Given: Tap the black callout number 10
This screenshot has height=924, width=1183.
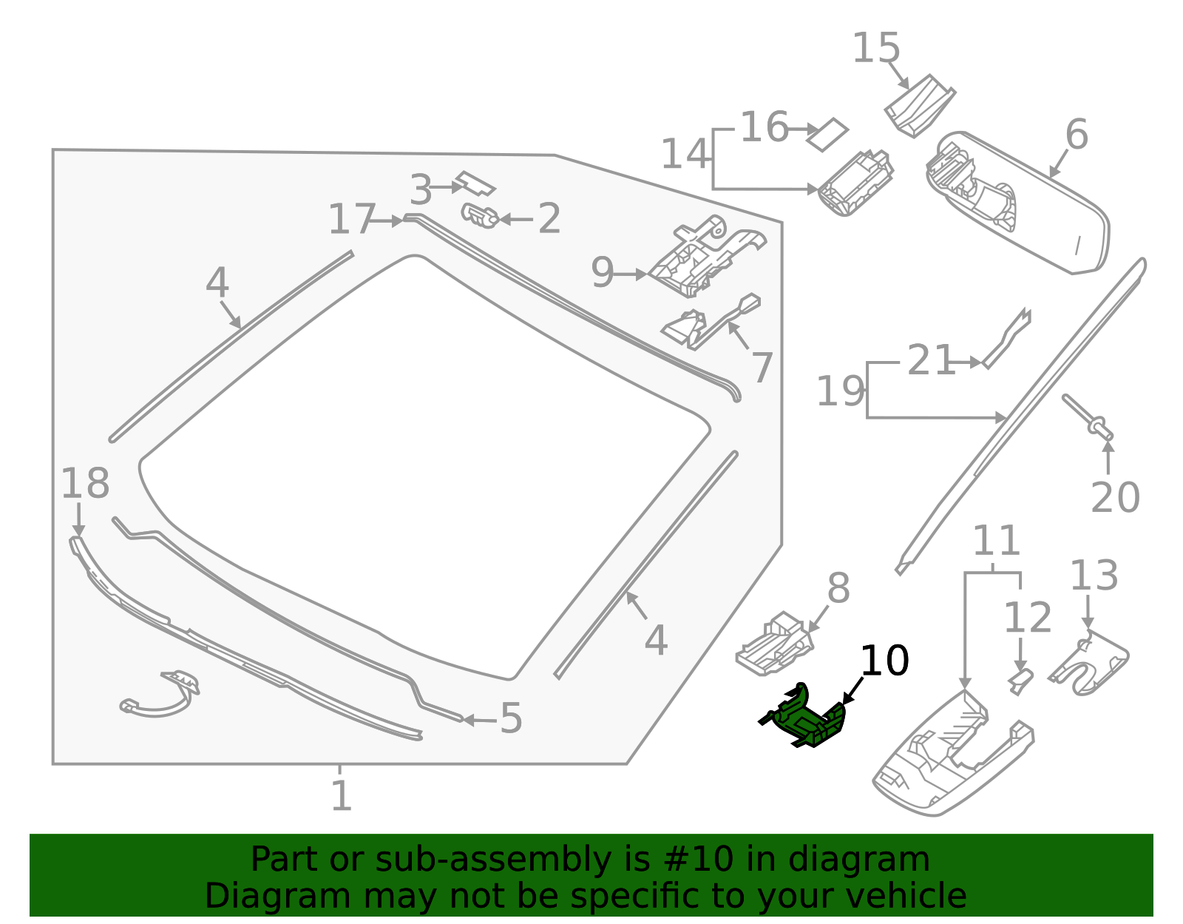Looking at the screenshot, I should [884, 660].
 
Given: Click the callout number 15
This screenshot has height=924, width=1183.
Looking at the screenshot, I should [876, 49].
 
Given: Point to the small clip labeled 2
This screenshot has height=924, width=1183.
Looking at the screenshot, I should [480, 215].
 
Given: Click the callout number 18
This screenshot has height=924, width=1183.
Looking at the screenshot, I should [84, 484].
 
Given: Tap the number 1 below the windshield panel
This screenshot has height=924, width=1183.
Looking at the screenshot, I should [341, 796].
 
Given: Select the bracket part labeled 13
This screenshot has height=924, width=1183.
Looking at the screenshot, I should [1090, 663].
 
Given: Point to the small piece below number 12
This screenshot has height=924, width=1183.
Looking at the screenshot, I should [1021, 681].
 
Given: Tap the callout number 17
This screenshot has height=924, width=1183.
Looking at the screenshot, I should [352, 220].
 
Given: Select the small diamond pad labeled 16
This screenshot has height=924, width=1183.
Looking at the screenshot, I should [827, 135].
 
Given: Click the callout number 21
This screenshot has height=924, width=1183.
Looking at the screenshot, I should [930, 361].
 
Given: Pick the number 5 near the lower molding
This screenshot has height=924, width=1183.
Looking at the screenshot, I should [511, 718].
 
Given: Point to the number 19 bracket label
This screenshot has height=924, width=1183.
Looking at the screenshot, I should [840, 391].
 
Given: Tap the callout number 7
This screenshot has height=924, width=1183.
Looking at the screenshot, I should [762, 367].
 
